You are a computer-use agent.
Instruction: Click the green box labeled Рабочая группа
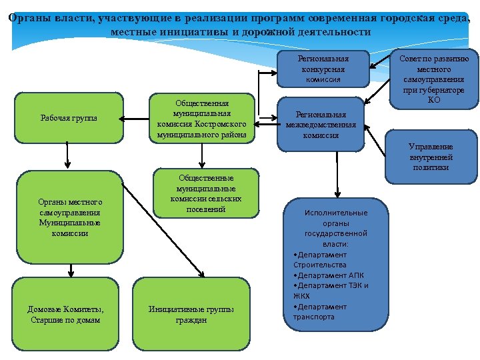[69, 118]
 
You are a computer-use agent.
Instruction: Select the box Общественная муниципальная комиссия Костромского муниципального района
[201, 119]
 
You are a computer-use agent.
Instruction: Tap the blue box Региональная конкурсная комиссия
[323, 69]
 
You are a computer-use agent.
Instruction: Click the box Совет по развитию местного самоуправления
[434, 78]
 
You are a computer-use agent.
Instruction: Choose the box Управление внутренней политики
[431, 157]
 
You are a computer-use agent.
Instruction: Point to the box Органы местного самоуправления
[69, 217]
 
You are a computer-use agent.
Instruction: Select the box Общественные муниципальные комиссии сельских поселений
[205, 193]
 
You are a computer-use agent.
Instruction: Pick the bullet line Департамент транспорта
[320, 311]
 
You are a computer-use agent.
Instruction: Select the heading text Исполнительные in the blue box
[336, 213]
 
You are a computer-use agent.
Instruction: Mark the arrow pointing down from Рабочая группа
[67, 156]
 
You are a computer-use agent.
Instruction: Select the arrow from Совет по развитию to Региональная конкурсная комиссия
[381, 61]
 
